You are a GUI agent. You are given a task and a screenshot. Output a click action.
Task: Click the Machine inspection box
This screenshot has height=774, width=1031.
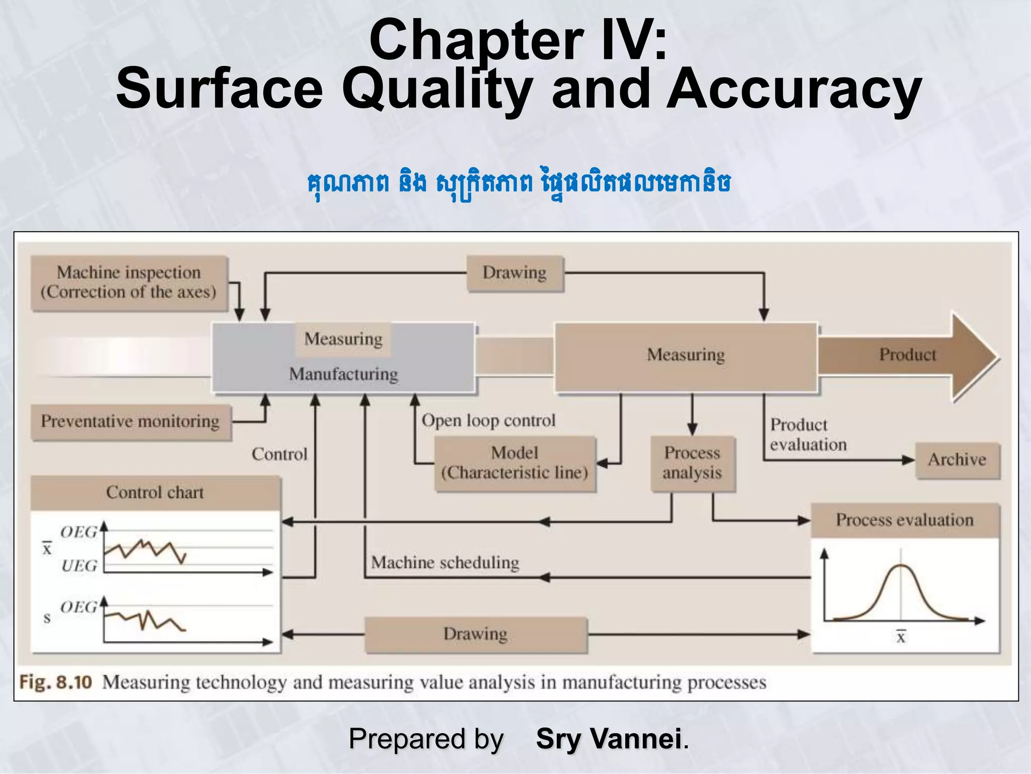[129, 283]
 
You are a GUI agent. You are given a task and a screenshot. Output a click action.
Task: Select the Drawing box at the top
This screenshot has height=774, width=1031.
[514, 273]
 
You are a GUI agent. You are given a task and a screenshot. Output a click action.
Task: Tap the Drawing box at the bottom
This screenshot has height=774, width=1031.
[475, 634]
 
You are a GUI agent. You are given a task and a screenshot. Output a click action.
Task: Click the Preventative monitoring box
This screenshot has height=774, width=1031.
[130, 422]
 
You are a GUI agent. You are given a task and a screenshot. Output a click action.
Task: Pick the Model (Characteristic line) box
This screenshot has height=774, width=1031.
[514, 463]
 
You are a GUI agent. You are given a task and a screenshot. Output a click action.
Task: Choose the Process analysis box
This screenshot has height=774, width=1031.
[692, 463]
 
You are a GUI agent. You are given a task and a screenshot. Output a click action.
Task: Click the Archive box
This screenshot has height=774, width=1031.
[957, 460]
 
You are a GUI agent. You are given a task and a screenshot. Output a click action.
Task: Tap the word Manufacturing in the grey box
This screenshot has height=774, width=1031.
[343, 374]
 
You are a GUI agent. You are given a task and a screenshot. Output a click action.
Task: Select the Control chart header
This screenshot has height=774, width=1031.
[155, 492]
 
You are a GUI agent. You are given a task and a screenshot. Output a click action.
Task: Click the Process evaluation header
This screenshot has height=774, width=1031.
[905, 520]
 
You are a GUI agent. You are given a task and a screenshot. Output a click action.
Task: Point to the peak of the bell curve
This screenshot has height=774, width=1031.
[901, 566]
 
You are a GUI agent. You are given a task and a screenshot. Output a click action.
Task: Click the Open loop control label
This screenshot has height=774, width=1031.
[488, 421]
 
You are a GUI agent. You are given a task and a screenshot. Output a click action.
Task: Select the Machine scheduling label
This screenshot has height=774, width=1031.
[445, 562]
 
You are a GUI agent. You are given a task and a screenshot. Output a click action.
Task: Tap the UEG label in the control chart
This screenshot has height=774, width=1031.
[79, 566]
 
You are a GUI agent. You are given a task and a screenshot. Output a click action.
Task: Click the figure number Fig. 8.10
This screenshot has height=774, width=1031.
[56, 683]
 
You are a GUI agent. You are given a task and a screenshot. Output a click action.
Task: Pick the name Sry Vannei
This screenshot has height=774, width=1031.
[609, 739]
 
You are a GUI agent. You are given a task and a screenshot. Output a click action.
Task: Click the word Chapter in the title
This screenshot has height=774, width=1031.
[476, 40]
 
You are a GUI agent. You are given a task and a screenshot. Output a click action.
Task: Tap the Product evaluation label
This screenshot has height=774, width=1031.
[808, 435]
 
